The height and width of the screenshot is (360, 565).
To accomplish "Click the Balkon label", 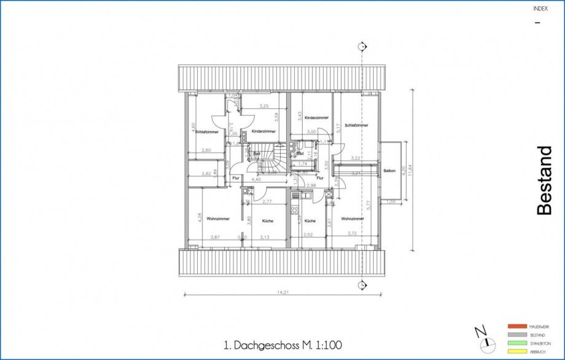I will [389, 170].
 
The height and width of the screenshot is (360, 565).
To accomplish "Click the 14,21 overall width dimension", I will [283, 292].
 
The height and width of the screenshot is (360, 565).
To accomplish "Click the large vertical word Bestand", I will [545, 181].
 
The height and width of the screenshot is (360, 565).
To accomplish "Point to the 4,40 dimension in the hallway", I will [256, 179].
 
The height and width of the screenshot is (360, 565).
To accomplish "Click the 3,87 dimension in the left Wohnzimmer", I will [214, 237].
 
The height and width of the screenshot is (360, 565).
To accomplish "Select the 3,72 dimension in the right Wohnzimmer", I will [351, 233].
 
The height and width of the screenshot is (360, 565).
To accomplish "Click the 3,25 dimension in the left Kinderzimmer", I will [264, 106].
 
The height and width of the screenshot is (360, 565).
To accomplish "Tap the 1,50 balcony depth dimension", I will [391, 201].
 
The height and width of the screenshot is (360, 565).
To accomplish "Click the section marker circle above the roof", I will [362, 47].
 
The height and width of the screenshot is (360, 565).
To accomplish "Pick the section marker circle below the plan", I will [362, 284].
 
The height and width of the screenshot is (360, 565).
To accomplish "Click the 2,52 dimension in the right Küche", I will [308, 234].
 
